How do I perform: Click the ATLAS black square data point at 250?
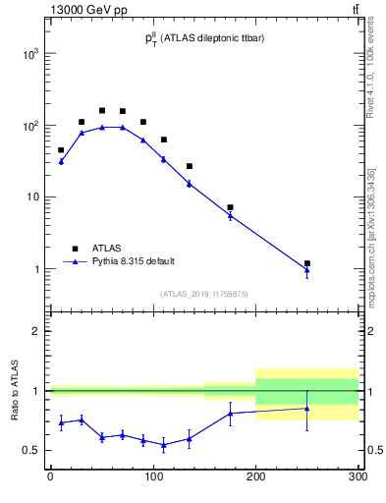pyautogui.click(x=307, y=263)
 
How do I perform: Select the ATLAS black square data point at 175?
pyautogui.click(x=230, y=207)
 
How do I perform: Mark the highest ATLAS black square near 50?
pyautogui.click(x=102, y=110)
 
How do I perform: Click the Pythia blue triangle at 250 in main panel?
pyautogui.click(x=307, y=270)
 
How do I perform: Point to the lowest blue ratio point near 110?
pyautogui.click(x=163, y=445)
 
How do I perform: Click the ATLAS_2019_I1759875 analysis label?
pyautogui.click(x=203, y=293)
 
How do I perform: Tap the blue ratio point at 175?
pyautogui.click(x=230, y=413)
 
